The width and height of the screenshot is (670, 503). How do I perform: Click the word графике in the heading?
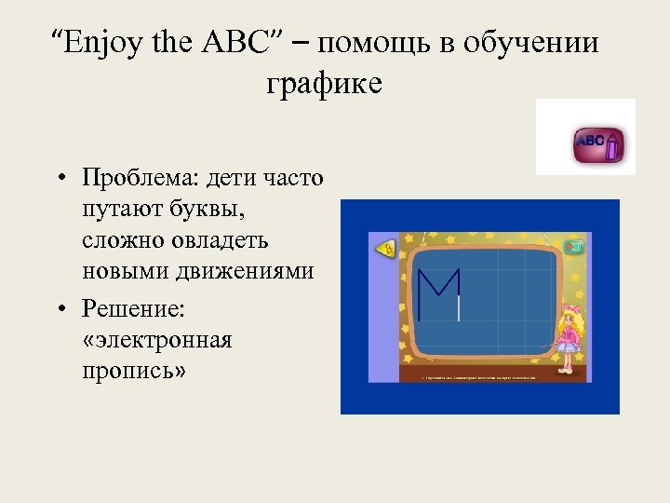point(324,84)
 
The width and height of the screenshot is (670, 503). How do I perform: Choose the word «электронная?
point(157,339)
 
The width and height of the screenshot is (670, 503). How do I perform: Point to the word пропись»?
point(134,371)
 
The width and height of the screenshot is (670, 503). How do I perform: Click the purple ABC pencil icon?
point(598,143)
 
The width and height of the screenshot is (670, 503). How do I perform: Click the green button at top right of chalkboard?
point(576,246)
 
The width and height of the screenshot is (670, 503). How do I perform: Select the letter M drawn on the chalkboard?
point(438,293)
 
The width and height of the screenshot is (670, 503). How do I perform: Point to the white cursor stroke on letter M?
point(459,308)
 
